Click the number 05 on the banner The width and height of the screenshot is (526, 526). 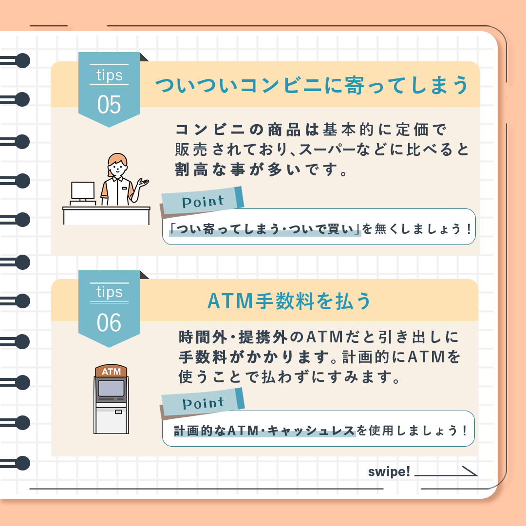point(109,105)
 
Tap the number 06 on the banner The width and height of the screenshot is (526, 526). point(109,323)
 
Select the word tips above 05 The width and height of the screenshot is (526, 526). point(110,75)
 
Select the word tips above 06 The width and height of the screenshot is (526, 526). point(110,292)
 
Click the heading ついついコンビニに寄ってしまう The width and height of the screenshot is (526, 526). point(312,85)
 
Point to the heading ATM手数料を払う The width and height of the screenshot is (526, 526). point(289,301)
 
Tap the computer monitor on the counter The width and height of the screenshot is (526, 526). point(83,191)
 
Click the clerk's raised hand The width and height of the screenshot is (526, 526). point(143,184)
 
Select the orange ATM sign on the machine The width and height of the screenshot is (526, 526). point(111,371)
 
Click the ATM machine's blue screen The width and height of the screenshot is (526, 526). point(111,389)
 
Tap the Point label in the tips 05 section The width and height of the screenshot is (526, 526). point(203,202)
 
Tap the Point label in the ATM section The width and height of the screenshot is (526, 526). point(203,403)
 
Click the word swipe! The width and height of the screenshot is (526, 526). point(389,471)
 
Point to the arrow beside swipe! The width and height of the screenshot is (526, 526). point(446,473)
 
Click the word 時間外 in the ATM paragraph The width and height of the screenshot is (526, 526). point(203,337)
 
